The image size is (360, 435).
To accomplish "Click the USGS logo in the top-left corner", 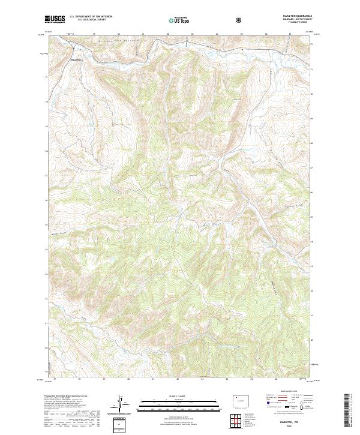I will tap(55, 19).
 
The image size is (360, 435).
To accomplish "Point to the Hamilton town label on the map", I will tap(76, 59).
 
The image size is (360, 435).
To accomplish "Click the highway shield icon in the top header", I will tap(240, 19).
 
